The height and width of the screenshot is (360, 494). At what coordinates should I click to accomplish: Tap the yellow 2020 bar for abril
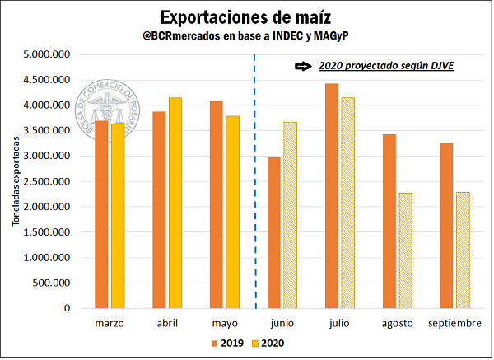point(175,203)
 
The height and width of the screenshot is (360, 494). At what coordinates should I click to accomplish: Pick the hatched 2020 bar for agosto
point(403,250)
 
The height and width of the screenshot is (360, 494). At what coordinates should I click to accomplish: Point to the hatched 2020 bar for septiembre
point(464,250)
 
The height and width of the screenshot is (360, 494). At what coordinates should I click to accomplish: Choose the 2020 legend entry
point(272,342)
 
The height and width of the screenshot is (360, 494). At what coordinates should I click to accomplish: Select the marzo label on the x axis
point(110,324)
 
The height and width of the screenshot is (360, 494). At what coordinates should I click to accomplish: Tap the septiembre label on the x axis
point(454,324)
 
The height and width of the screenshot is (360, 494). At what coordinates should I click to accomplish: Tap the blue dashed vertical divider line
point(254,181)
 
